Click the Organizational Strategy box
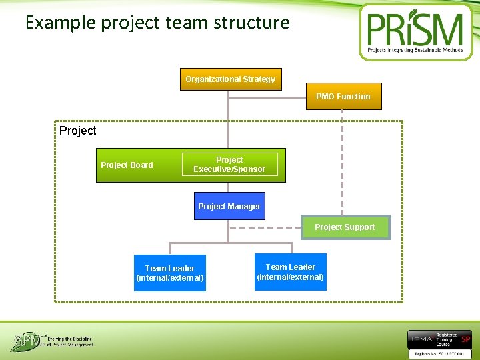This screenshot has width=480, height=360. coord(231,79)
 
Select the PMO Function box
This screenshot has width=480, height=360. coord(343,97)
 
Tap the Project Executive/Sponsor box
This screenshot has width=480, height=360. coord(229,165)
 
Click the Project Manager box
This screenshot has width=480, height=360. coord(229,206)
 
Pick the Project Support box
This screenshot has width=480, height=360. coord(345,227)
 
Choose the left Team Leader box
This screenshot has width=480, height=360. coord(170,273)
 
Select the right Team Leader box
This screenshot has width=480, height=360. coord(291,272)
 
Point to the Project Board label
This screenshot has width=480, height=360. coord(127,165)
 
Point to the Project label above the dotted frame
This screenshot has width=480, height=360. coord(77,131)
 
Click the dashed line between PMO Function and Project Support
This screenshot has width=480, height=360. coord(343,160)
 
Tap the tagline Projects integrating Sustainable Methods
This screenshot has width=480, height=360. coord(415,50)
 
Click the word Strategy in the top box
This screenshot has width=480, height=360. coord(259,79)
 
